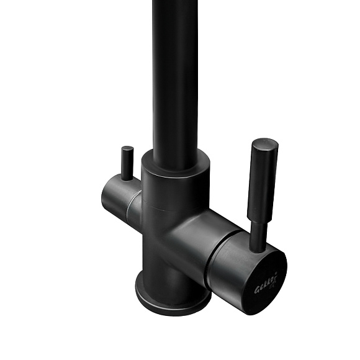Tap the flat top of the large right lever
(265, 143)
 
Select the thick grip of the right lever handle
(263, 180)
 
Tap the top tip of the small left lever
(127, 149)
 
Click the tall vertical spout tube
(176, 74)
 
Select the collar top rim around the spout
(176, 157)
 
